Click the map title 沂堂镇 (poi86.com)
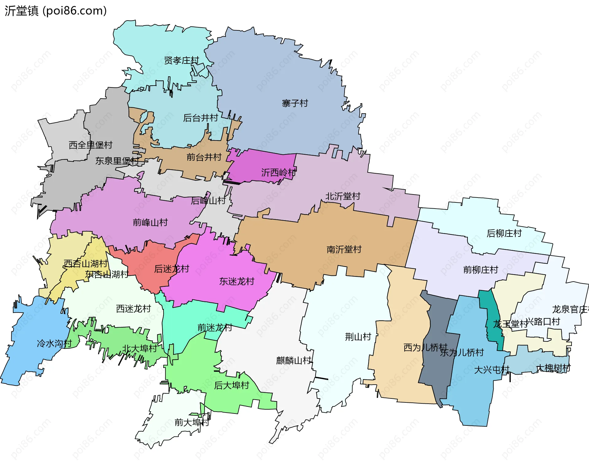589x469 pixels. [56, 11]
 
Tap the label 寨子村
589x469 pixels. [295, 103]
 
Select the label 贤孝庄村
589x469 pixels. [182, 60]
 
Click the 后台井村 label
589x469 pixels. [200, 118]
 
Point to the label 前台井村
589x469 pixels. [204, 157]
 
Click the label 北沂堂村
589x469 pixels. [343, 196]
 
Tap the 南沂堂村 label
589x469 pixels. [344, 249]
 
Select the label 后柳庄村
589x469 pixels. [504, 233]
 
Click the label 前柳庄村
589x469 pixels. [480, 270]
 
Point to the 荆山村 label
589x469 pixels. [358, 337]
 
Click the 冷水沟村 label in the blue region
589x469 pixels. [54, 343]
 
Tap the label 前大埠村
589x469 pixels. [192, 422]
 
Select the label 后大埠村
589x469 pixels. [232, 385]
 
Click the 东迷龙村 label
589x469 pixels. [237, 281]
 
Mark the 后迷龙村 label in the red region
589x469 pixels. [171, 269]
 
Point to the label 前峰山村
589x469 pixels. [150, 222]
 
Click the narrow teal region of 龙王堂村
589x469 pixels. [492, 319]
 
